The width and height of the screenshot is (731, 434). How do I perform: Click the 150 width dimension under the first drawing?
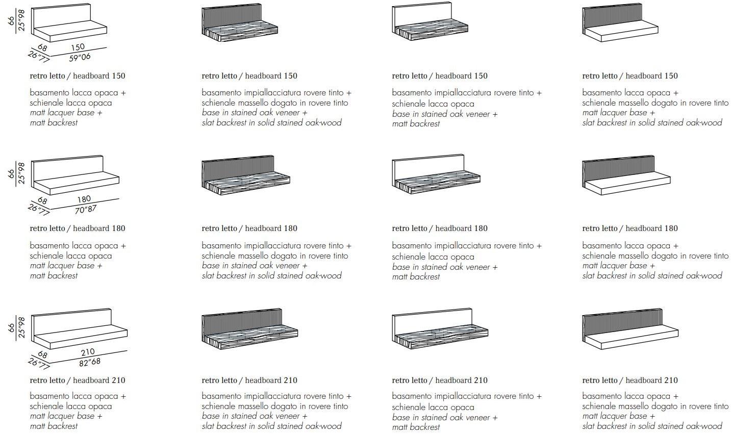pos(78,47)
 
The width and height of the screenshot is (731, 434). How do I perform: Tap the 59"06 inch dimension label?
pos(80,57)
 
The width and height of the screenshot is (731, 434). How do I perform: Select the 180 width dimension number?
pos(84,199)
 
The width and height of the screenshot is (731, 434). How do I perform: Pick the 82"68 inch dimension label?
pos(90,362)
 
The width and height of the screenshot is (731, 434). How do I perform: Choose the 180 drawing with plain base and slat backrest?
pos(625,175)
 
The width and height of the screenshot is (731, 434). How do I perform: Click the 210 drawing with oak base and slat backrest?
pos(249,329)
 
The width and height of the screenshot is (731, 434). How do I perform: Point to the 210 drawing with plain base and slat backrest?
pos(629,329)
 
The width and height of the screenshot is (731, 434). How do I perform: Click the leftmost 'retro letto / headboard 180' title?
pos(78,228)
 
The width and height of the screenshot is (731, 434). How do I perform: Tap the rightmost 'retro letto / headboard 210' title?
pos(630,380)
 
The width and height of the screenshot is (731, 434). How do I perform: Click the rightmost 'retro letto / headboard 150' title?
pos(630,76)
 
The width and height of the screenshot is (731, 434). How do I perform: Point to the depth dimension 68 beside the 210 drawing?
pos(42,354)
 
